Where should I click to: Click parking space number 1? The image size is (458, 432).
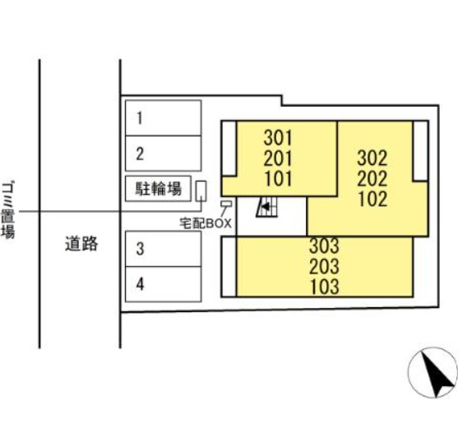tap(164, 117)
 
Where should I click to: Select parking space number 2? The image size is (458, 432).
tap(164, 154)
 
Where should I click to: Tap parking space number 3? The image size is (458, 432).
tap(164, 249)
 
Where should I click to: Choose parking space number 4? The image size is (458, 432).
tap(164, 284)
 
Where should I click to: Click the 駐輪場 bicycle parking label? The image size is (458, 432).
tap(159, 188)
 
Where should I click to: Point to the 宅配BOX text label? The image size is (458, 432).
tap(206, 223)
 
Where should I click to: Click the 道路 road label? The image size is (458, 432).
tap(81, 244)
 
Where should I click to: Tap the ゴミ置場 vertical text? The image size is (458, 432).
tap(8, 210)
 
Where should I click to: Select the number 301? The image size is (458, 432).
tap(278, 138)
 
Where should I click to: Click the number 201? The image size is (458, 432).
tap(278, 159)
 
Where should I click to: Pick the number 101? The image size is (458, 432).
tap(279, 178)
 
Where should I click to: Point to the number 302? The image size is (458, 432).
tap(372, 158)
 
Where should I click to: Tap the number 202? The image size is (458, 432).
tap(372, 178)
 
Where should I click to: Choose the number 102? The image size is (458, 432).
tap(373, 199)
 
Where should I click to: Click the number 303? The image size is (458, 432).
tap(324, 246)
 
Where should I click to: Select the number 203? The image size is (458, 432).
tap(324, 266)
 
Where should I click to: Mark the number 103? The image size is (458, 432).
tap(325, 287)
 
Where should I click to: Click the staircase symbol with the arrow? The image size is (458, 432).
tap(266, 207)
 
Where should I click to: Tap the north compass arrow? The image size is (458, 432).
tap(434, 375)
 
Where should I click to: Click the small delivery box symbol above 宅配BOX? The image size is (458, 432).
tap(226, 204)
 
